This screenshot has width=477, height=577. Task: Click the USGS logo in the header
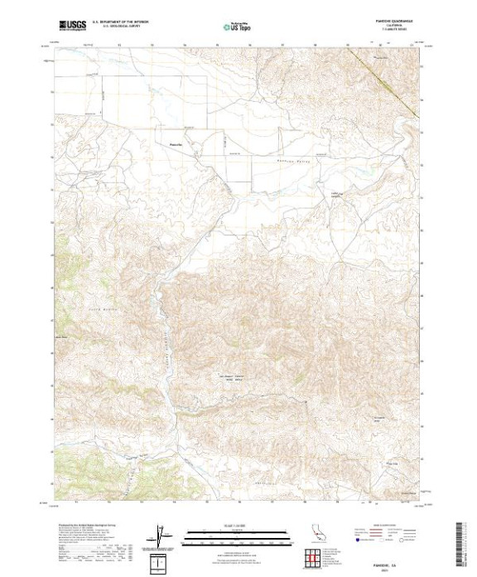point(73,26)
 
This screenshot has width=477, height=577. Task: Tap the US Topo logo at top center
point(238,26)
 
